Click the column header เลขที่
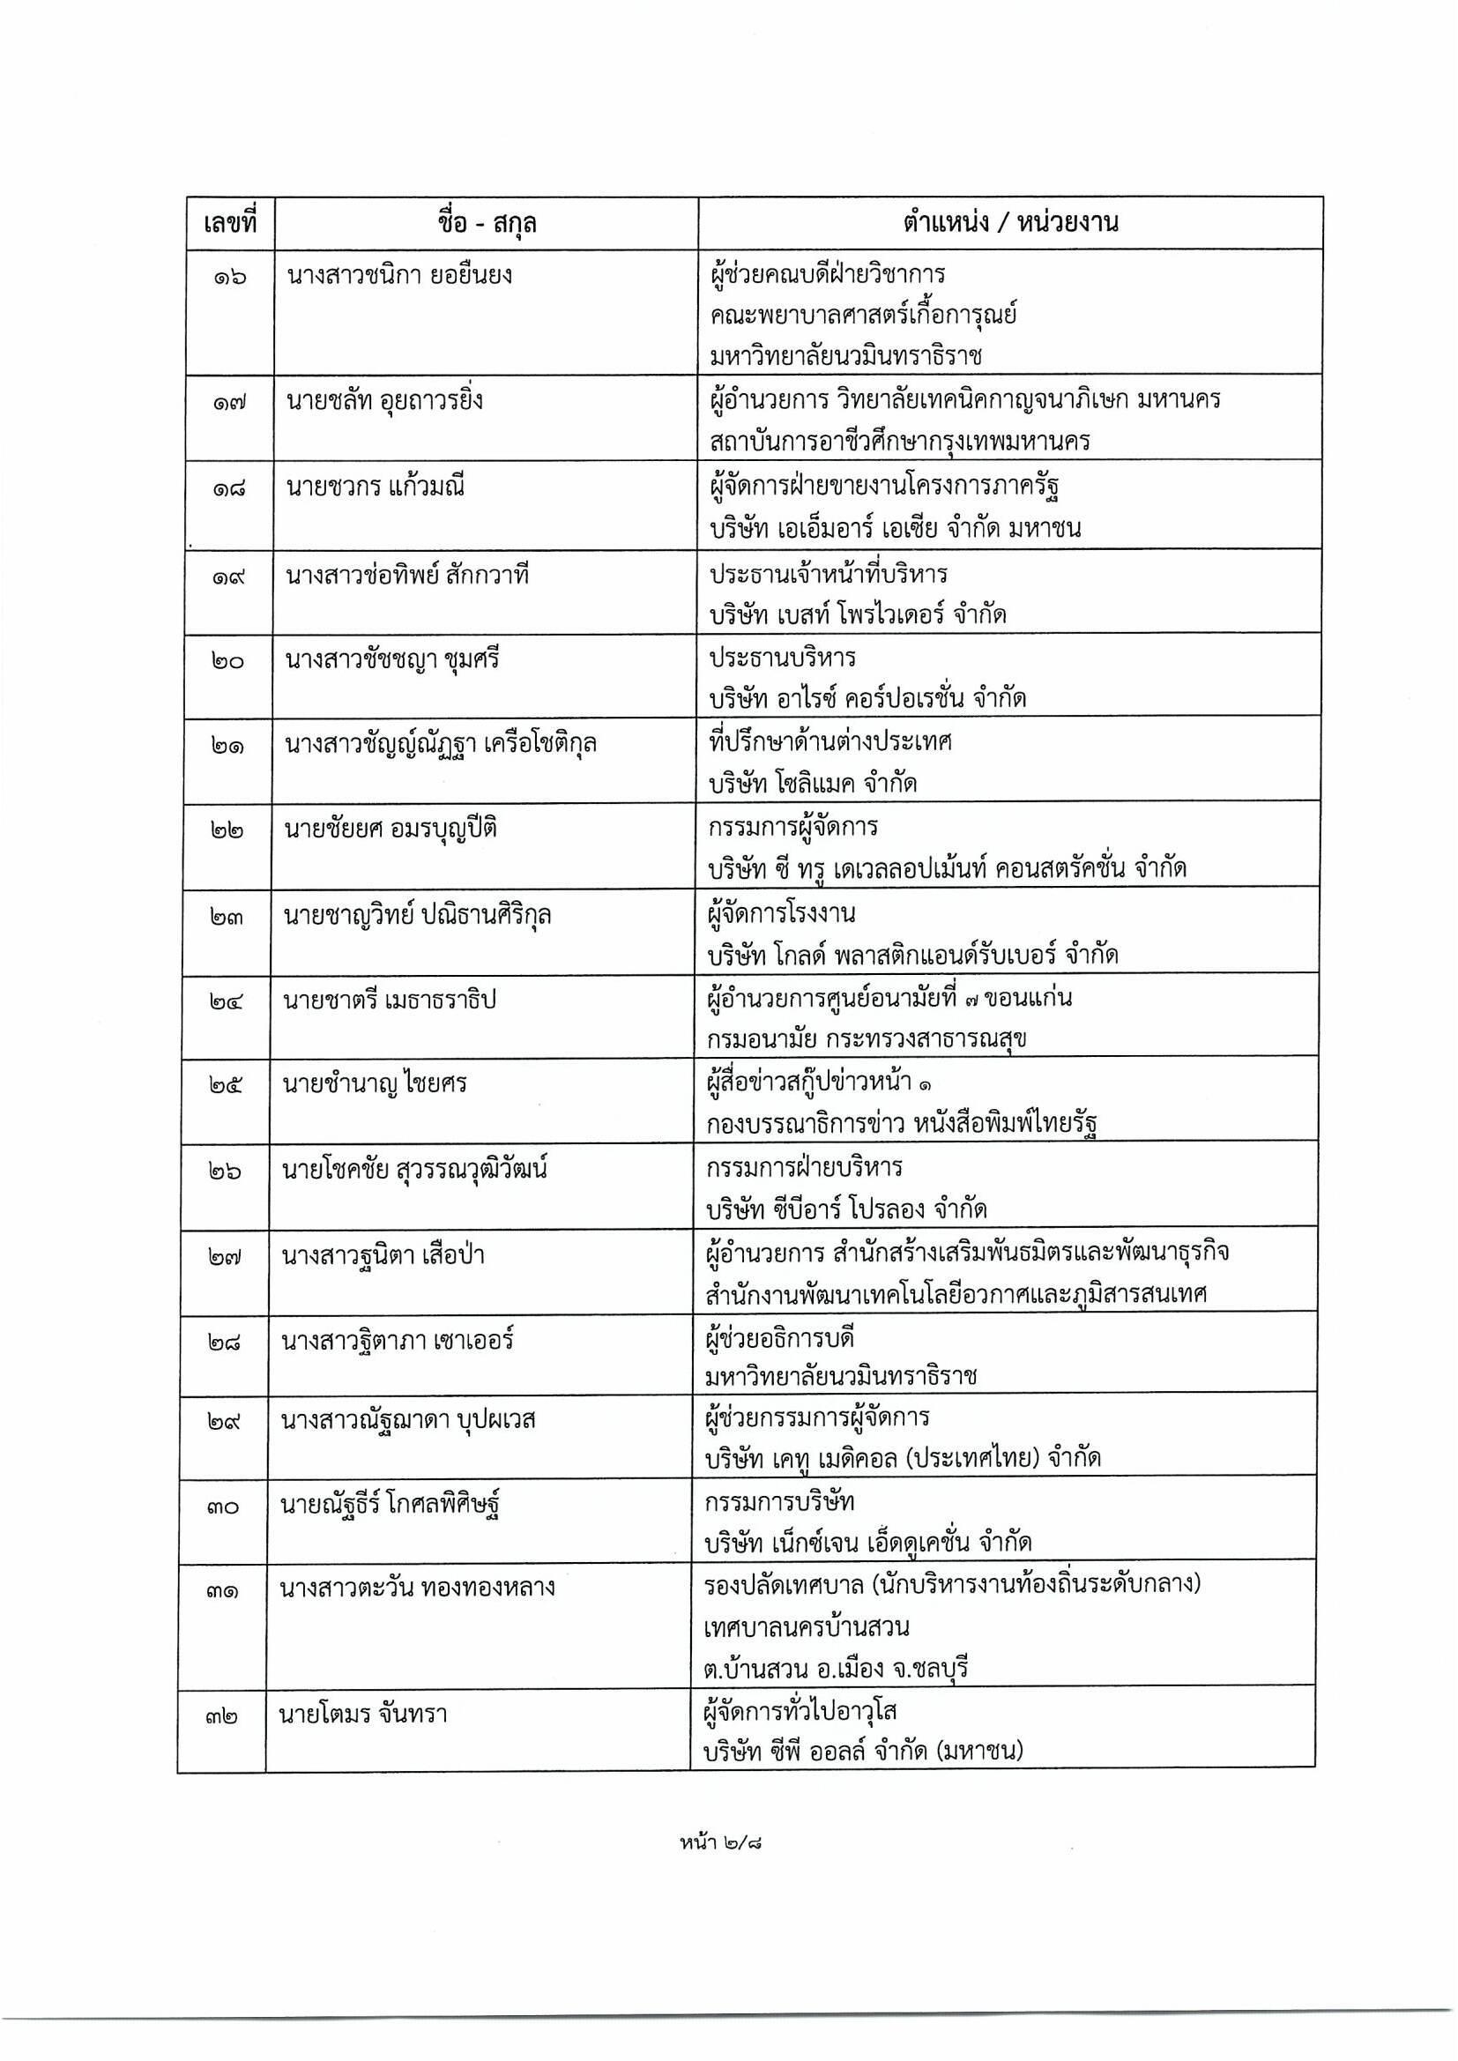point(230,222)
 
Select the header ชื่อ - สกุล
point(487,222)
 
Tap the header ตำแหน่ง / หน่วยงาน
point(1010,222)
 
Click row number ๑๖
point(230,277)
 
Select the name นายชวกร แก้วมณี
point(376,488)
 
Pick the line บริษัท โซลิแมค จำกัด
point(812,784)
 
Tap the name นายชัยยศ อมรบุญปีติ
point(391,829)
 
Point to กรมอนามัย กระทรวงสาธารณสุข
point(867,1038)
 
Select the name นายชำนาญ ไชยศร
point(375,1084)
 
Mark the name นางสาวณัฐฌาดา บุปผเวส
point(408,1420)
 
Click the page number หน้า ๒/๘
point(726,1844)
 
